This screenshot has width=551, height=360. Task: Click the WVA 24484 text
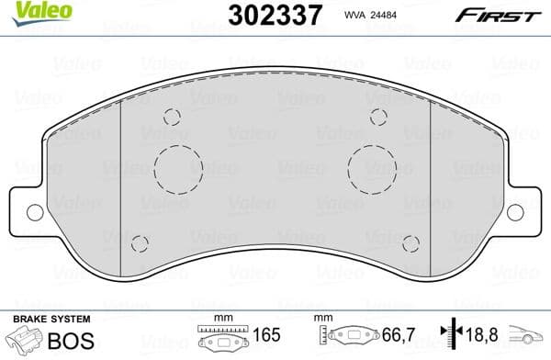(371, 16)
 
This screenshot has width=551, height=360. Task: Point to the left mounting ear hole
(35, 212)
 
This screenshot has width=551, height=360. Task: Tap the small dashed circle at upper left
(171, 117)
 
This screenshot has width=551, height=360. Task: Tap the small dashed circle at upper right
(378, 117)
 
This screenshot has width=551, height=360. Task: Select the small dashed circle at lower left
(140, 243)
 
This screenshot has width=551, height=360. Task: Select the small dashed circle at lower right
(410, 243)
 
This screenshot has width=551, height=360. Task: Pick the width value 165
(268, 337)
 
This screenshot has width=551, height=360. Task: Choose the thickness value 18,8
(478, 337)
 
